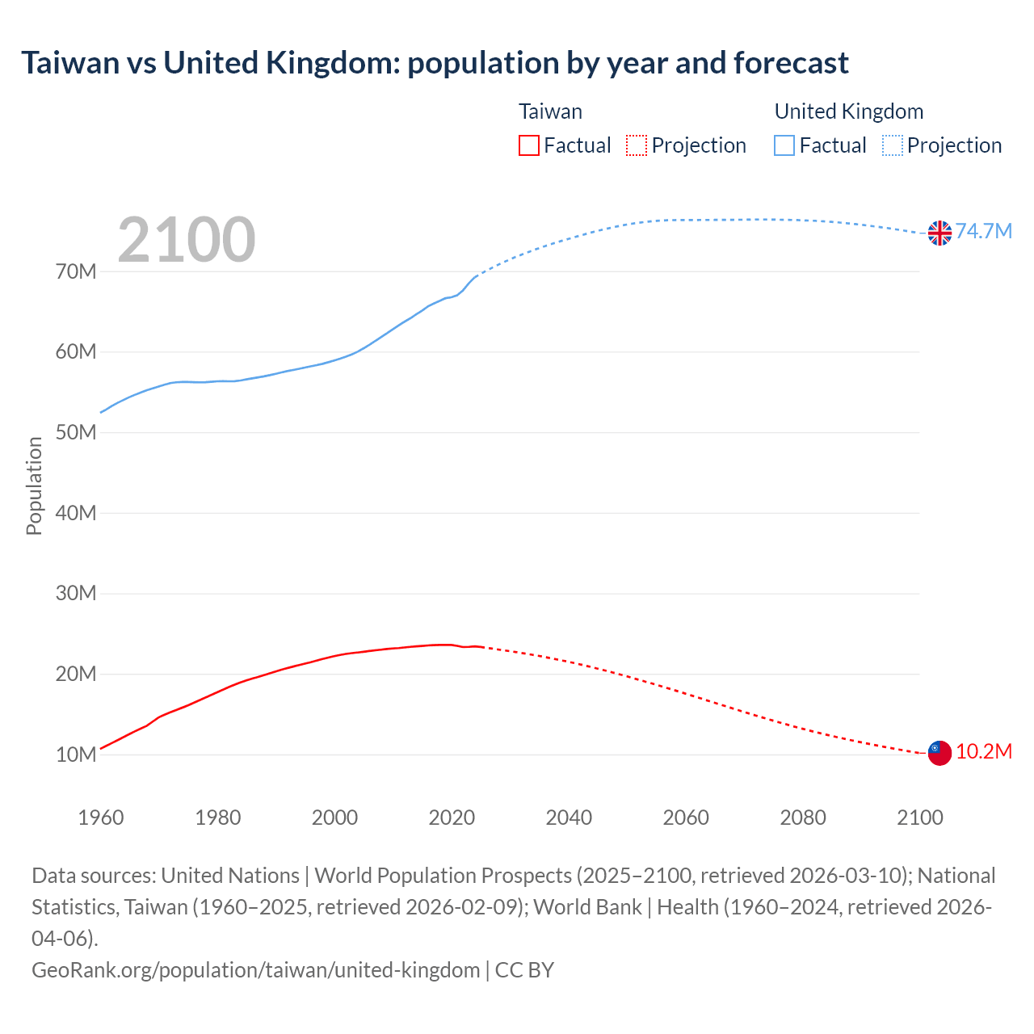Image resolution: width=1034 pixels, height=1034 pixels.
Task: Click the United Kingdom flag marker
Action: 939,233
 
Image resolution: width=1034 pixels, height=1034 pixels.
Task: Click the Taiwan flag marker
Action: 939,752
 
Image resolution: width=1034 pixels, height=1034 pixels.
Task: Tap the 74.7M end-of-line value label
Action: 984,232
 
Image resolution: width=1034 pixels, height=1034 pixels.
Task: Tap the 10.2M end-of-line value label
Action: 984,752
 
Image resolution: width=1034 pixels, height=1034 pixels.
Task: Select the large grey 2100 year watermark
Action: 187,240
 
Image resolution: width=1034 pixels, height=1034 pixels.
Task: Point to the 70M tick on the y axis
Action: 76,271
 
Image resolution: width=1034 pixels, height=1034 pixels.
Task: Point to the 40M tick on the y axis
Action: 76,513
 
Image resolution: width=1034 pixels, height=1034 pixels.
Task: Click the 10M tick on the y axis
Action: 76,754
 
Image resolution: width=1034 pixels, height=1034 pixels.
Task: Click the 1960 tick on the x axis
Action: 101,818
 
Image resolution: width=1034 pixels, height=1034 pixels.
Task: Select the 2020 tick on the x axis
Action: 452,818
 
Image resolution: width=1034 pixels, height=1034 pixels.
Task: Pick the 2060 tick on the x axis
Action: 686,818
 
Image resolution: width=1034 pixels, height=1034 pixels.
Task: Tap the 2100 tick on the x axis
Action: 920,818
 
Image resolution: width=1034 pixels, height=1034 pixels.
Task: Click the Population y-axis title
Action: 34,485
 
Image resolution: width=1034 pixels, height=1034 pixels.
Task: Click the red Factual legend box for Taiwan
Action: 529,145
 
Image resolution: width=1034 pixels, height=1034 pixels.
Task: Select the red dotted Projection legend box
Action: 637,145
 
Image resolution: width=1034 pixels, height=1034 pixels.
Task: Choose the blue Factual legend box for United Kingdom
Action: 784,145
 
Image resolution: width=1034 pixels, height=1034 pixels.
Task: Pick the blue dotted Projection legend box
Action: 893,145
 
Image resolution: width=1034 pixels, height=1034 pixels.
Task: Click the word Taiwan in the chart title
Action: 70,63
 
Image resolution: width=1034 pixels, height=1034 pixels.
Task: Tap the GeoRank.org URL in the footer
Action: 255,969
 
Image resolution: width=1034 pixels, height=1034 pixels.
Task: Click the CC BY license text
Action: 524,969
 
